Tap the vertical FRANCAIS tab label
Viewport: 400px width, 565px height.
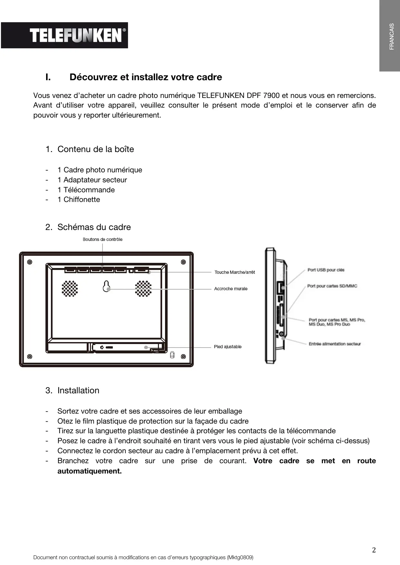(391, 36)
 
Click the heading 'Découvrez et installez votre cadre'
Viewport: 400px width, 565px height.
(146, 77)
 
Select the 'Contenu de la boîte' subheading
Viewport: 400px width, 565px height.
(95, 149)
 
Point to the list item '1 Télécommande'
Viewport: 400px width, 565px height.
(86, 190)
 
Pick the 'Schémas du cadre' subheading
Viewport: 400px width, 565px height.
(94, 227)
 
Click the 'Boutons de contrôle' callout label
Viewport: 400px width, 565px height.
(102, 239)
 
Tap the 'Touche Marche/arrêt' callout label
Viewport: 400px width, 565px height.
(235, 272)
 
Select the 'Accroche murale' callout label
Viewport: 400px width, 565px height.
(231, 289)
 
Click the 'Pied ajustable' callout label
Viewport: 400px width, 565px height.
(228, 347)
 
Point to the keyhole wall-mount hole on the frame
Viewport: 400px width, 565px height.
(106, 286)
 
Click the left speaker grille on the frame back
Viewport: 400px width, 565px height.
(70, 288)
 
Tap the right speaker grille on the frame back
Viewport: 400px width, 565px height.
(143, 288)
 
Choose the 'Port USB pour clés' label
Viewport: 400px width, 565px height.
(326, 270)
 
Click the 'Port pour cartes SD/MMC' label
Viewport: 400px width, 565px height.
(332, 286)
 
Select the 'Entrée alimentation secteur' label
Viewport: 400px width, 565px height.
(335, 344)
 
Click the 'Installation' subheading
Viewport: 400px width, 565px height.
(78, 390)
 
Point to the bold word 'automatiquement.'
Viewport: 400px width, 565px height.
(90, 471)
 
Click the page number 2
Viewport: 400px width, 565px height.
(374, 550)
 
